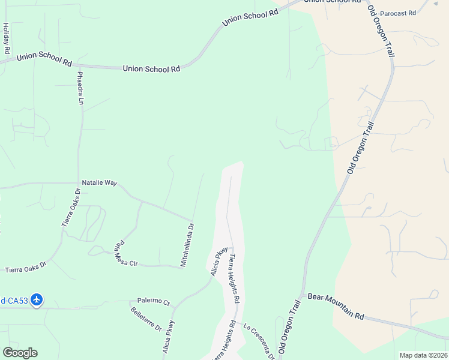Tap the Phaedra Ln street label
click(x=80, y=88)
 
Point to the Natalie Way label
click(x=99, y=182)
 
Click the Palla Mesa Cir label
click(x=125, y=254)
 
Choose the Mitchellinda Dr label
click(x=187, y=245)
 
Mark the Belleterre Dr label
click(x=146, y=319)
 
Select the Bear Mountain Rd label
click(x=336, y=306)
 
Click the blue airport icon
click(x=37, y=299)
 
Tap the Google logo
click(x=20, y=353)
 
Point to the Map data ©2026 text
click(x=423, y=355)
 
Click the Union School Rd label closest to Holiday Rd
click(x=44, y=59)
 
